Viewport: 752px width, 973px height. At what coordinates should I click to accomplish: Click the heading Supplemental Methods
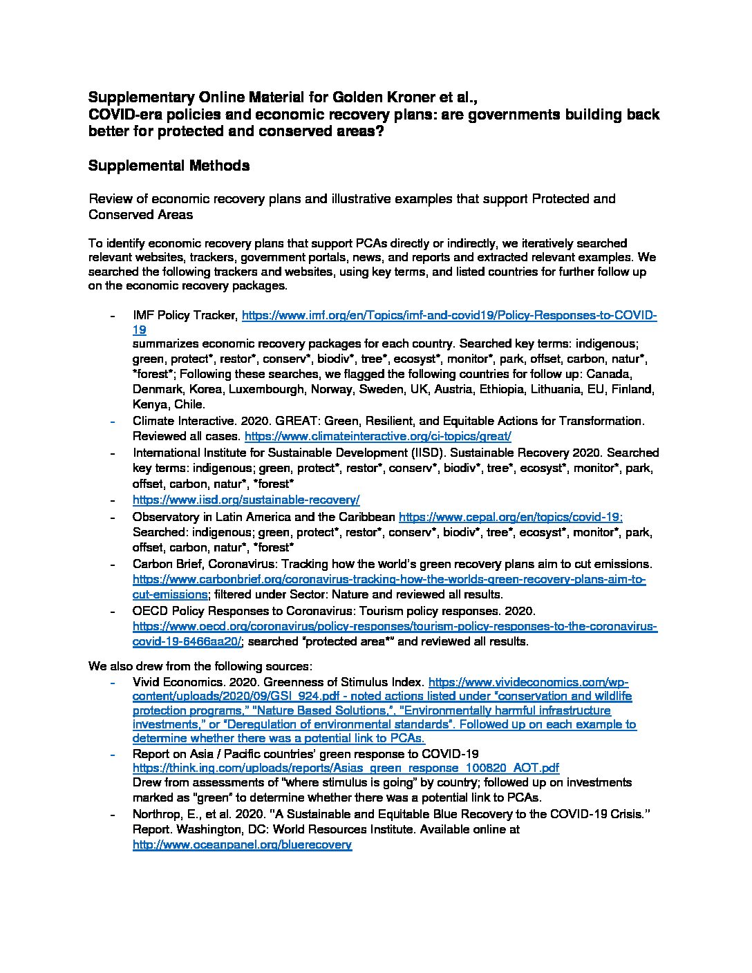point(169,166)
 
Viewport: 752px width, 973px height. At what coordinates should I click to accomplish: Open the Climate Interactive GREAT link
point(378,437)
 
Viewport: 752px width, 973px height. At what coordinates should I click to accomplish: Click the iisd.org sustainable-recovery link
point(246,500)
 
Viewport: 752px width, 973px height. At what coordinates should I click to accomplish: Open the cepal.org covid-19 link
point(511,516)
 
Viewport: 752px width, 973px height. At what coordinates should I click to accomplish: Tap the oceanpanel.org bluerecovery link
point(242,844)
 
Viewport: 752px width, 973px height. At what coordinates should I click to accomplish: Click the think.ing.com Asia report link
point(346,768)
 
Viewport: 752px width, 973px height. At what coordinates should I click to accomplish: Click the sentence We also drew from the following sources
point(200,666)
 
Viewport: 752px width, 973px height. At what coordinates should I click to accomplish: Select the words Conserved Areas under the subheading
point(140,215)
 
